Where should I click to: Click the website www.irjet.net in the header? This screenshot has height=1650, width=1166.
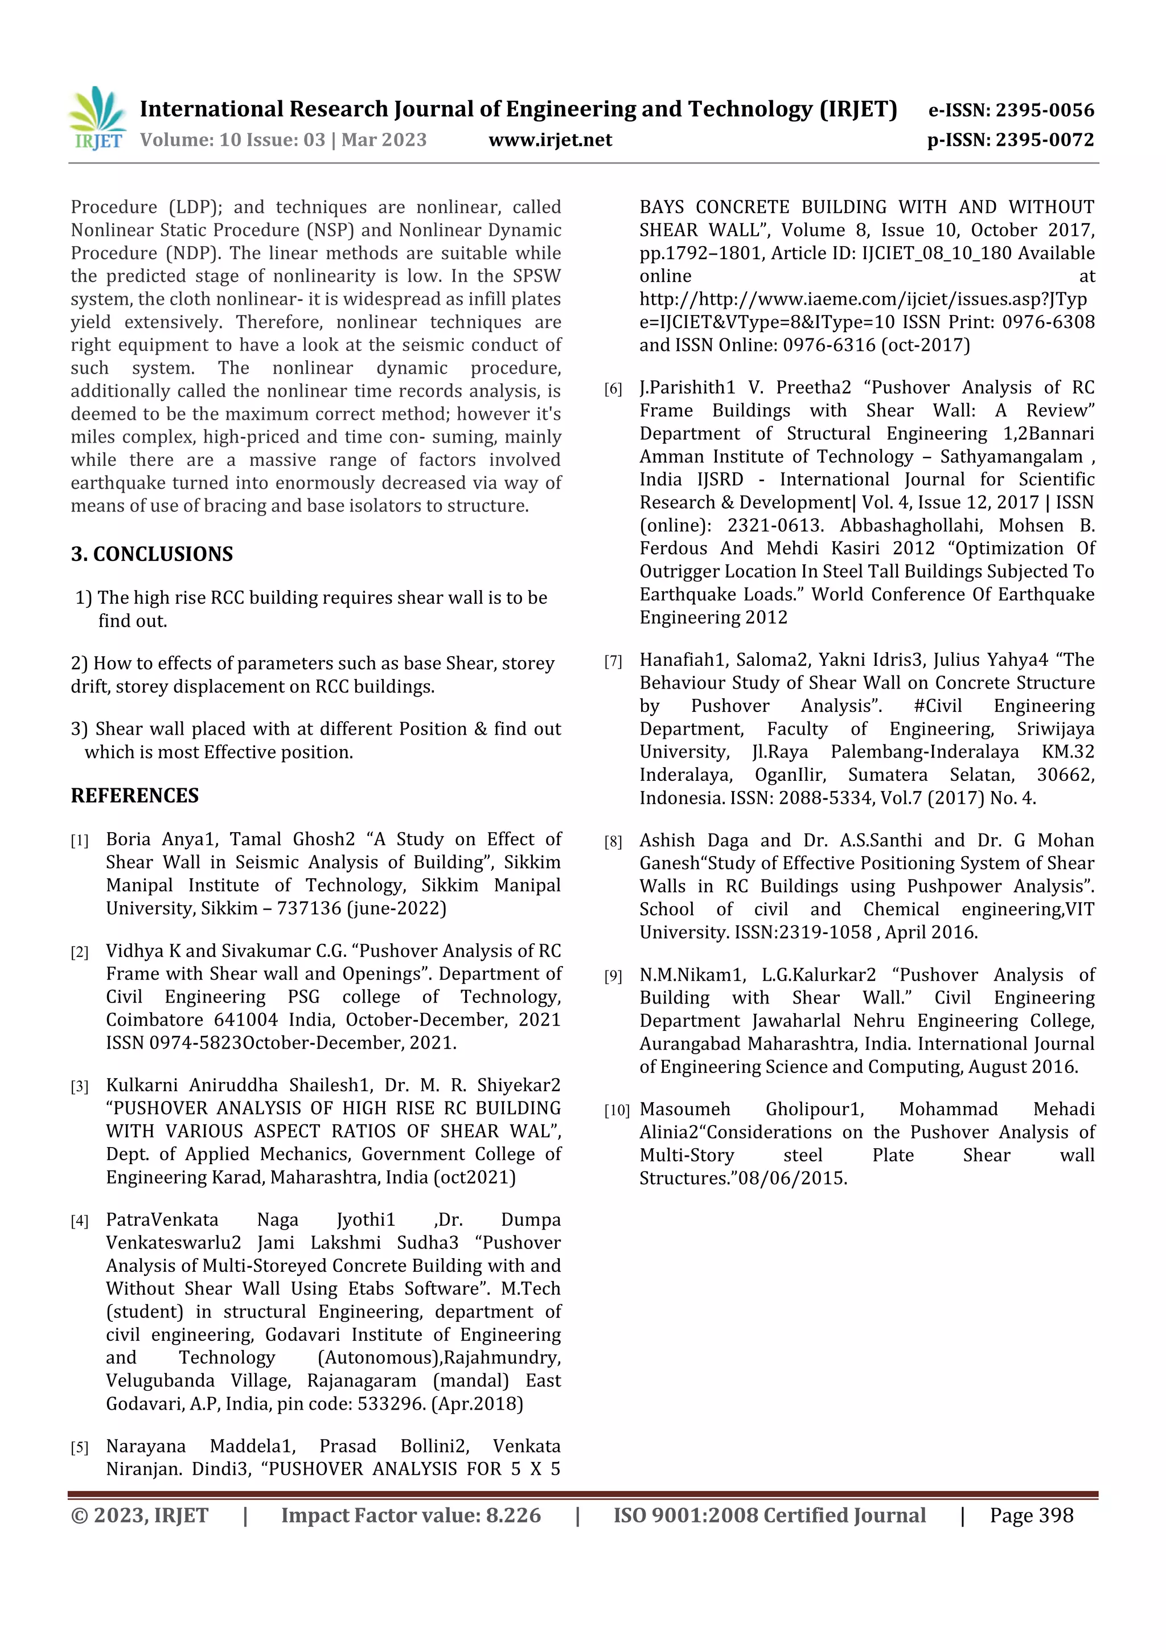[551, 140]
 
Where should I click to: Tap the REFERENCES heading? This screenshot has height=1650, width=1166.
[134, 796]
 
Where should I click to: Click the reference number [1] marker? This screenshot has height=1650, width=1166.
[79, 841]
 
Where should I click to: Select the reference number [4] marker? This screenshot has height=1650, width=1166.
[79, 1221]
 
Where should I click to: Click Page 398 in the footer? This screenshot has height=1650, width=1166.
[1031, 1515]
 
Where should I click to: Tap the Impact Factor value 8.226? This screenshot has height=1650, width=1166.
[513, 1515]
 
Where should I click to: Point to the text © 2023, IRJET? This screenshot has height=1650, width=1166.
[139, 1515]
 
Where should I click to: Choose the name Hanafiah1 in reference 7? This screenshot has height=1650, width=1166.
[683, 660]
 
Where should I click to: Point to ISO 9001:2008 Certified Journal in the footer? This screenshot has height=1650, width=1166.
[769, 1515]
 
